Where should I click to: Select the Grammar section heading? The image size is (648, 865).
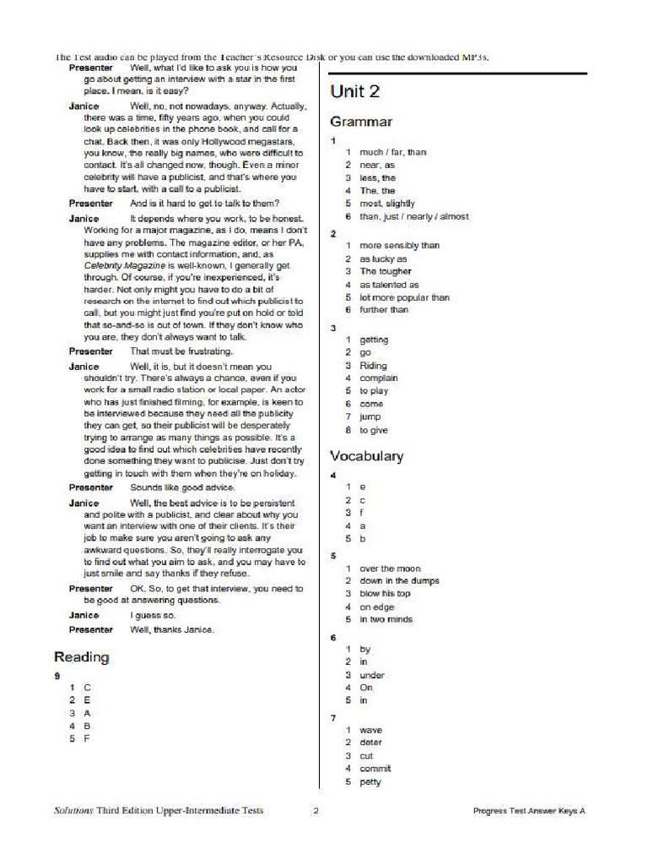coord(360,122)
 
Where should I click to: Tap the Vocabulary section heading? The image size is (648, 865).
coord(366,456)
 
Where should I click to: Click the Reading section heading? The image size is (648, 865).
coord(81,656)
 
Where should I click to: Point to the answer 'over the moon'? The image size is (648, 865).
coord(390,569)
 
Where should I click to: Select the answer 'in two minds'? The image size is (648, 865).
coord(386,619)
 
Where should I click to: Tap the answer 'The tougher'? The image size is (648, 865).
coord(385,271)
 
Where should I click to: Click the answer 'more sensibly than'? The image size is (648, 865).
coord(399,246)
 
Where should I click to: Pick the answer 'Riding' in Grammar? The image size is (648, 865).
coord(373,366)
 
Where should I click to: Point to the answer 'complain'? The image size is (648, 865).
coord(378,378)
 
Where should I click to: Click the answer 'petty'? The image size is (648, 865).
coord(370,781)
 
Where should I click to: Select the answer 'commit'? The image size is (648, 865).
coord(375,769)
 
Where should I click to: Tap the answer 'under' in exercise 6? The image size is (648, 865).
coord(371,675)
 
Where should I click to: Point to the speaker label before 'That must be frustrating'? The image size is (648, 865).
coord(90,351)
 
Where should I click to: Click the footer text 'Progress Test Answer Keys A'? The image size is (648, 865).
coord(528,811)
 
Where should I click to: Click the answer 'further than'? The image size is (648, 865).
coord(383,310)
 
